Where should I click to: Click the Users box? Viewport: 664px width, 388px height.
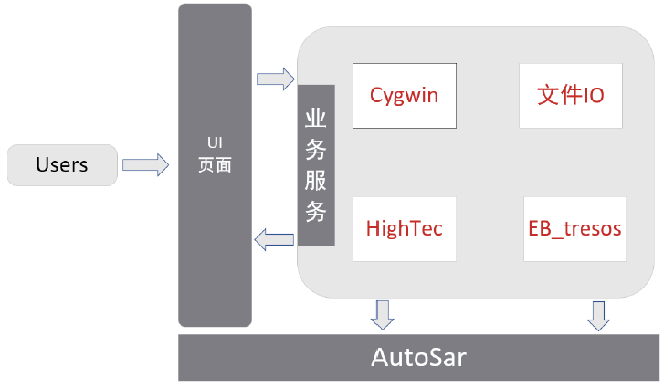pyautogui.click(x=62, y=165)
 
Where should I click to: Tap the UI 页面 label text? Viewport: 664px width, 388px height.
pyautogui.click(x=215, y=155)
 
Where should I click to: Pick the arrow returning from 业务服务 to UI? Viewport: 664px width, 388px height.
pyautogui.click(x=274, y=240)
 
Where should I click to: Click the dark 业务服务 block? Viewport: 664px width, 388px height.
pyautogui.click(x=316, y=165)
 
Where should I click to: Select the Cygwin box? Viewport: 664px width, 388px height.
pyautogui.click(x=404, y=95)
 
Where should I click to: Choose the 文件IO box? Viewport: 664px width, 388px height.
pyautogui.click(x=571, y=95)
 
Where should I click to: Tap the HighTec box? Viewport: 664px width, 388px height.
pyautogui.click(x=404, y=228)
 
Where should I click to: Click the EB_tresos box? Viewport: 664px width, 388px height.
pyautogui.click(x=574, y=228)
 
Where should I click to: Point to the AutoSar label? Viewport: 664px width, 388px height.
pyautogui.click(x=419, y=356)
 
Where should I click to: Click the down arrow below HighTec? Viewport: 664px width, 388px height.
pyautogui.click(x=383, y=313)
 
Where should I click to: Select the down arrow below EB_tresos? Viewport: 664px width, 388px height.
pyautogui.click(x=599, y=314)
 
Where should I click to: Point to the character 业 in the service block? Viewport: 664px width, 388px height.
pyautogui.click(x=316, y=119)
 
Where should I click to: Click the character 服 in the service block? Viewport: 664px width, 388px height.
pyautogui.click(x=316, y=181)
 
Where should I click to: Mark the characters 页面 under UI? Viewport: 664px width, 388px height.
pyautogui.click(x=215, y=166)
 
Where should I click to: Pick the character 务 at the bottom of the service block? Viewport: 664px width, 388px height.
pyautogui.click(x=316, y=212)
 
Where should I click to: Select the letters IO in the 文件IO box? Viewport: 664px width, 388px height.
pyautogui.click(x=593, y=95)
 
